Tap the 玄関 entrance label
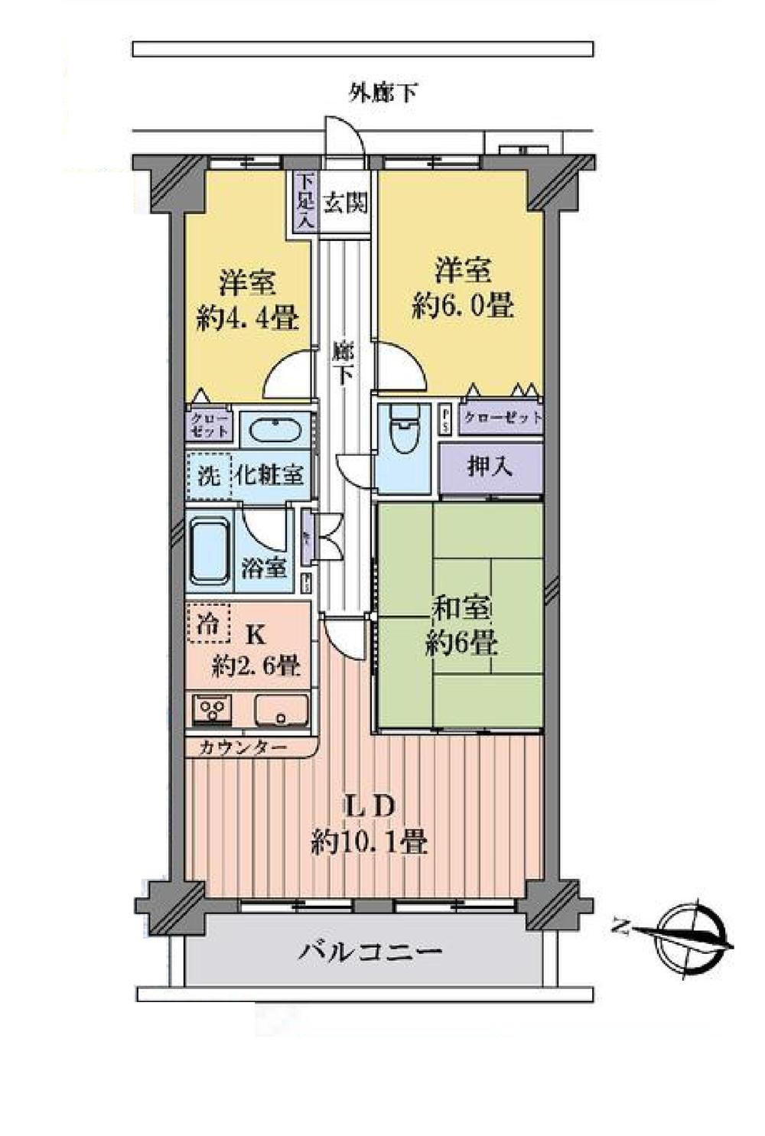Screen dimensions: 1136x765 tap(345, 203)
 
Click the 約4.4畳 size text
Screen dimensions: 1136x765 tap(247, 317)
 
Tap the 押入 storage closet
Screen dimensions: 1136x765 tap(490, 467)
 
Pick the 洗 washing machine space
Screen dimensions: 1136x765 tap(209, 476)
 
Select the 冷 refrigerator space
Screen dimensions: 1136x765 tap(209, 623)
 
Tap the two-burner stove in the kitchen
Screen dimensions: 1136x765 tap(212, 709)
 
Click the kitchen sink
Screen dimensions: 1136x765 tap(281, 709)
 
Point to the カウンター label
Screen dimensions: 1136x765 tap(243, 747)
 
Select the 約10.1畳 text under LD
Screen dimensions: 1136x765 tap(369, 842)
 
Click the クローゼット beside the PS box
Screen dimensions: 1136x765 tap(503, 418)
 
